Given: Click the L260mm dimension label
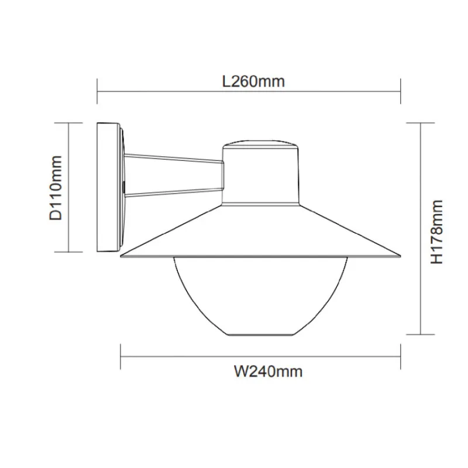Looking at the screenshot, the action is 253,81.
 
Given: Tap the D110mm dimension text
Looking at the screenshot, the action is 56,188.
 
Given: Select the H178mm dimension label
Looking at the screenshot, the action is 436,232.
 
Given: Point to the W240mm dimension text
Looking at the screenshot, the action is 268,371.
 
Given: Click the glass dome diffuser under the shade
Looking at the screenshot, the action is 260,295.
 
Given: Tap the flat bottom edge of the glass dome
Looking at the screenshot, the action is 260,335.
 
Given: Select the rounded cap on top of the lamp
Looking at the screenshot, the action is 260,144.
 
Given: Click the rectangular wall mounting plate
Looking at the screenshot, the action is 108,187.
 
